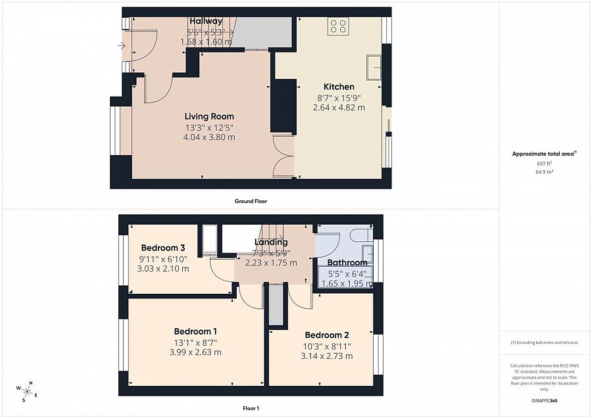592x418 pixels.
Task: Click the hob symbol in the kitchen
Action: point(339,26)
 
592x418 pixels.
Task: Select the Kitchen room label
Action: point(339,87)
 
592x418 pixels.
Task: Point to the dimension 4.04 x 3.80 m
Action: point(209,137)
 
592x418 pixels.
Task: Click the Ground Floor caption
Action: point(251,201)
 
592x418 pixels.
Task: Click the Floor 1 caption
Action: point(251,408)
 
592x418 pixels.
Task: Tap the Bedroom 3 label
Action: point(162,248)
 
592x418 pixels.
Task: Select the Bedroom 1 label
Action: point(196,331)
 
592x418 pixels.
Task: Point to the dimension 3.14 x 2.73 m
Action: point(327,356)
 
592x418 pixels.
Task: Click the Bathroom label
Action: point(347,263)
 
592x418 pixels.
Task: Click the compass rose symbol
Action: point(28,392)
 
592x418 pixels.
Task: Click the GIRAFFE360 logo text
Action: point(543,400)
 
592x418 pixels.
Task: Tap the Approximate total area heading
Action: point(543,154)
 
